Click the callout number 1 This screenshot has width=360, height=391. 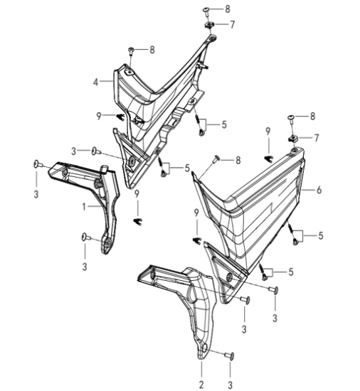tap(84, 207)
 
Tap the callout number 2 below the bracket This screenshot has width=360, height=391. tap(201, 385)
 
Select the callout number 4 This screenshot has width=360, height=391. tap(95, 82)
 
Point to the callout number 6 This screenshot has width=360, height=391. tap(319, 190)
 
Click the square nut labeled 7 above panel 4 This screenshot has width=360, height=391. tap(208, 25)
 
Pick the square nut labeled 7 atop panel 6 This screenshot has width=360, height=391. tap(292, 139)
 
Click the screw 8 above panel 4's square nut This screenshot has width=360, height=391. tap(206, 11)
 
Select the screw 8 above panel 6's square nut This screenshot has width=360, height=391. tap(291, 118)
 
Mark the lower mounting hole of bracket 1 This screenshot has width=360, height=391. tap(108, 242)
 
